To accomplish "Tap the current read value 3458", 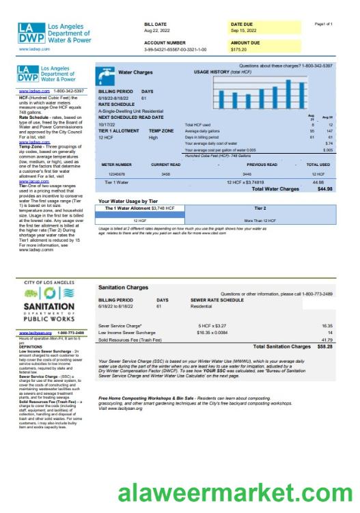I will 165,175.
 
